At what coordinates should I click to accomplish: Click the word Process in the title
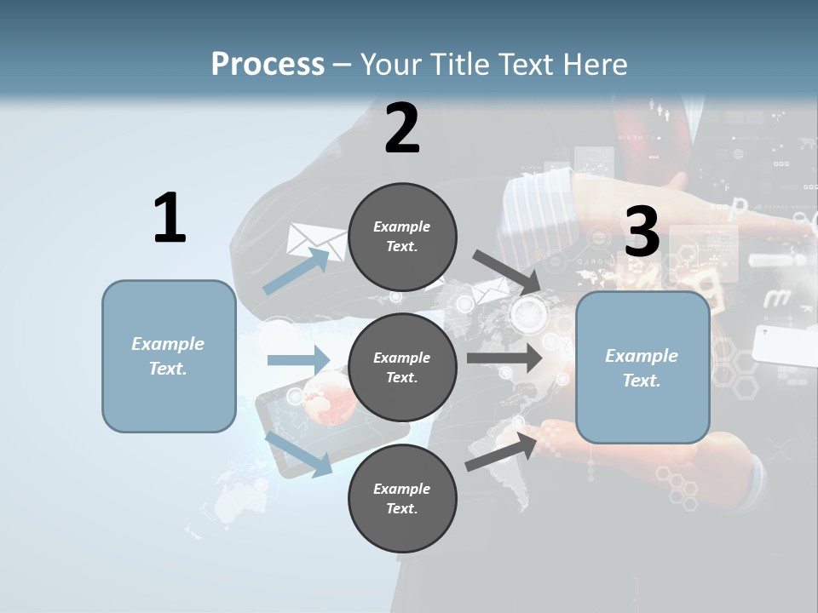(x=268, y=65)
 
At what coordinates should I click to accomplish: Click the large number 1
(x=170, y=218)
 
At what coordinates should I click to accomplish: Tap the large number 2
(x=402, y=129)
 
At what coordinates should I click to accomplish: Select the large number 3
(x=642, y=232)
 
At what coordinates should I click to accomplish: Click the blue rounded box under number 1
(x=169, y=356)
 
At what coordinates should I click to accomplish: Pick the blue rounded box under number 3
(x=642, y=367)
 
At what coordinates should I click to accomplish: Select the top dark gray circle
(x=402, y=237)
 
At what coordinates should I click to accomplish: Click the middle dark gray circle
(x=402, y=367)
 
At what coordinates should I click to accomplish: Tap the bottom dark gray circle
(x=402, y=498)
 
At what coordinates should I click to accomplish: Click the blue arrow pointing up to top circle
(x=297, y=272)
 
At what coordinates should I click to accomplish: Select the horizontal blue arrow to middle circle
(x=298, y=360)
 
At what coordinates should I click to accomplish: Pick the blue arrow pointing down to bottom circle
(x=299, y=454)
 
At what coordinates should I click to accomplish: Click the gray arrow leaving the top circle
(x=506, y=272)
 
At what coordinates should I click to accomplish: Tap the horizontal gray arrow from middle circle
(x=504, y=358)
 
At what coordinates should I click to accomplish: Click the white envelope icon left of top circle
(x=314, y=240)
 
